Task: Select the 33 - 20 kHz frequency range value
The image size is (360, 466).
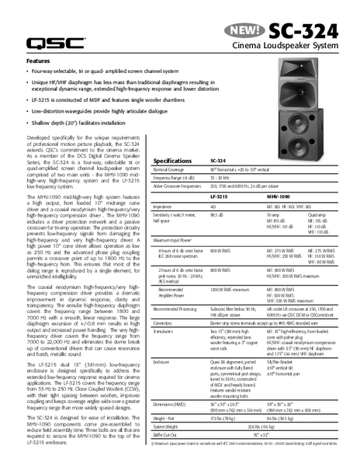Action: pos(222,178)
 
